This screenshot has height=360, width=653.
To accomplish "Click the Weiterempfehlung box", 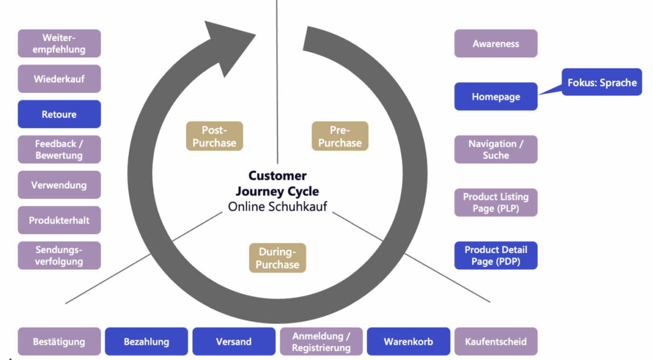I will (59, 44).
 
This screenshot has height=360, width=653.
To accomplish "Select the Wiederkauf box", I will (59, 79).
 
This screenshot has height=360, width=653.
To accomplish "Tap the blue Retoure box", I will (59, 114).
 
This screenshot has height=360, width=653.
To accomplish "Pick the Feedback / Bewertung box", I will (59, 150).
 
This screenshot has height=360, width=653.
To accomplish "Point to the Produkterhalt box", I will (59, 220).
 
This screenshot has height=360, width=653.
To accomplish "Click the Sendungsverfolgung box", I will (59, 255).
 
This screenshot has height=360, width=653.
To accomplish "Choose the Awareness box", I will (495, 44).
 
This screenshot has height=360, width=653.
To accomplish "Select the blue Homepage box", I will (495, 97).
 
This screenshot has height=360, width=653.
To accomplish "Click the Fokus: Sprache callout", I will (602, 82).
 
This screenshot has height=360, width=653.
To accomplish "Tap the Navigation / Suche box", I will (495, 150).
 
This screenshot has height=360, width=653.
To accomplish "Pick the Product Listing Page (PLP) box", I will (495, 202).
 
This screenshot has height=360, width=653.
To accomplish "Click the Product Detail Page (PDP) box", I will (495, 255).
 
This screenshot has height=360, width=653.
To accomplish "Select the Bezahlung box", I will (146, 342).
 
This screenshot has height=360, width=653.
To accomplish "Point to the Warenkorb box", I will (408, 342).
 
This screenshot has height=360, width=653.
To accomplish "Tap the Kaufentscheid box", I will (495, 342).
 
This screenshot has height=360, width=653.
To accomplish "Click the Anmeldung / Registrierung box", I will (321, 342).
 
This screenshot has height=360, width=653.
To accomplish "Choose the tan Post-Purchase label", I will (214, 136).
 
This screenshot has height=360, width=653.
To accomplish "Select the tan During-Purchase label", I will (277, 258).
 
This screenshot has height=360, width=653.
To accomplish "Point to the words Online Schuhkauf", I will (277, 206).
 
